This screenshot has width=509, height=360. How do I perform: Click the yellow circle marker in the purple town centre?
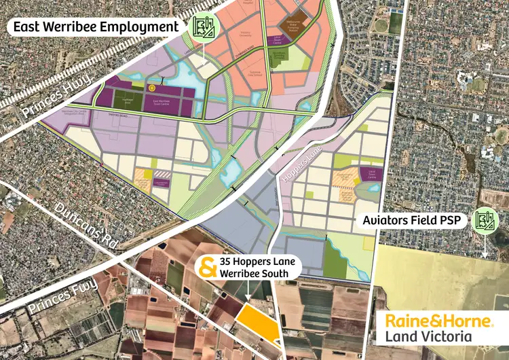click(152, 88)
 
